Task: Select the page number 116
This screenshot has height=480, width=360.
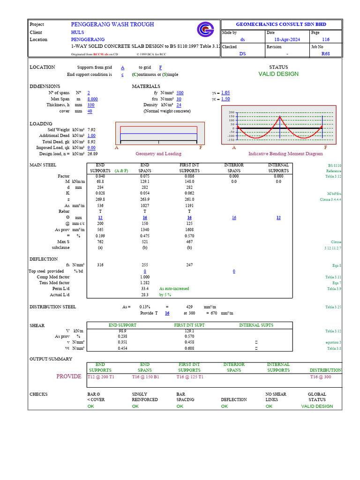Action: pyautogui.click(x=326, y=40)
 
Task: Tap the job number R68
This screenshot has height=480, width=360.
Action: pyautogui.click(x=326, y=54)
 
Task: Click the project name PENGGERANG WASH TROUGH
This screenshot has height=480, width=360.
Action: pyautogui.click(x=112, y=24)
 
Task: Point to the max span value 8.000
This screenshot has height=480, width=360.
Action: pyautogui.click(x=92, y=99)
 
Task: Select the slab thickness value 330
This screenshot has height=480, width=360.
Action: pyautogui.click(x=91, y=105)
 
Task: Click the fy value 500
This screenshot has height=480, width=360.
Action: pyautogui.click(x=180, y=93)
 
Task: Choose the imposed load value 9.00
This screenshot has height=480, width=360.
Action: pyautogui.click(x=91, y=148)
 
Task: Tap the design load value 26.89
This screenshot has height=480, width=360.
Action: pyautogui.click(x=92, y=154)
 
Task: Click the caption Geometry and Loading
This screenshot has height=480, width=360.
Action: pyautogui.click(x=158, y=154)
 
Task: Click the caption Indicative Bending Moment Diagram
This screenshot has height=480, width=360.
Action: pyautogui.click(x=285, y=154)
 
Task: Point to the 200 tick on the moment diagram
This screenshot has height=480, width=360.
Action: pyautogui.click(x=231, y=112)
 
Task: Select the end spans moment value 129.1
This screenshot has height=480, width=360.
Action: pyautogui.click(x=145, y=181)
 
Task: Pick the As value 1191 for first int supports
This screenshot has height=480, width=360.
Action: pyautogui.click(x=189, y=206)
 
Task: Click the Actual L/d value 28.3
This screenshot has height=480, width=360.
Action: pyautogui.click(x=145, y=295)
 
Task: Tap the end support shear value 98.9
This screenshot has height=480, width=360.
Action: pyautogui.click(x=122, y=331)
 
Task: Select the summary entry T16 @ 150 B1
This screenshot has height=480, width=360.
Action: pyautogui.click(x=145, y=377)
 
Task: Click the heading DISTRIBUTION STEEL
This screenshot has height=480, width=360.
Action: pyautogui.click(x=52, y=307)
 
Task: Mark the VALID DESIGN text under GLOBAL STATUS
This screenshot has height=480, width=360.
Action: pyautogui.click(x=317, y=406)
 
